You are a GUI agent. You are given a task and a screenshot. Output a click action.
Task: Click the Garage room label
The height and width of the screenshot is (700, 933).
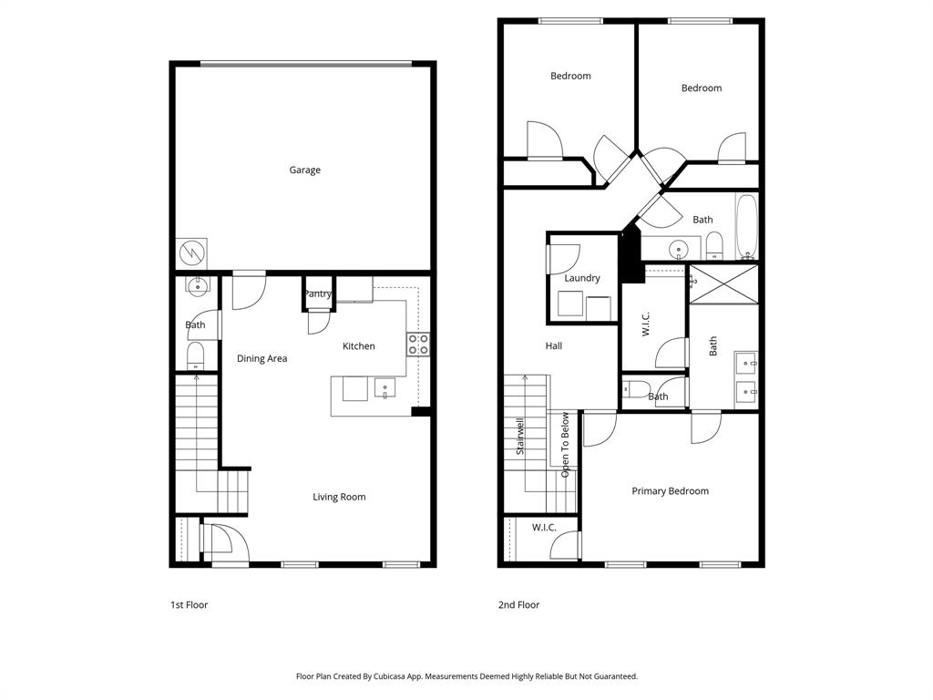tap(304, 170)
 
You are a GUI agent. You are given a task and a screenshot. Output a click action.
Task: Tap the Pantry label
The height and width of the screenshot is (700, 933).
tap(318, 293)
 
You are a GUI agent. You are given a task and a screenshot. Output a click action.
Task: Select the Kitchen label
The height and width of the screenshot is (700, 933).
tap(358, 346)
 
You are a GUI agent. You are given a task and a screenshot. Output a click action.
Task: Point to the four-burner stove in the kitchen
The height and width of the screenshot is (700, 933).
tap(417, 345)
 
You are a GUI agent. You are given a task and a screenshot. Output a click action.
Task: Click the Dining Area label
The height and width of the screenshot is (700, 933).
tap(261, 359)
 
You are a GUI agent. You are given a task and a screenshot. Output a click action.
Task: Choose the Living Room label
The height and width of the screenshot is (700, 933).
tap(339, 498)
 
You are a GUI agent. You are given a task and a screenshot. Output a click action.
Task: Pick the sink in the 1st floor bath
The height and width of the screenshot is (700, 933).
tap(197, 286)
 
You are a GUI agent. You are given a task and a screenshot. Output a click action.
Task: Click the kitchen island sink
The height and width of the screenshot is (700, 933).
tap(384, 389)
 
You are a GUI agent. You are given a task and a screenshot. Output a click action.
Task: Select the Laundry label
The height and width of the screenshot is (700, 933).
tap(581, 278)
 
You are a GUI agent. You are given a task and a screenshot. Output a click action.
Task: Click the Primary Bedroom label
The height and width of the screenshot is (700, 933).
tap(670, 491)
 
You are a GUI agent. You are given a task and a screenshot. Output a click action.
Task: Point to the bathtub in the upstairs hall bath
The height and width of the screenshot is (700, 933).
tap(747, 226)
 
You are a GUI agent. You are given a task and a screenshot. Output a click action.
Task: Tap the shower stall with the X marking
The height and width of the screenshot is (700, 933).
tap(723, 283)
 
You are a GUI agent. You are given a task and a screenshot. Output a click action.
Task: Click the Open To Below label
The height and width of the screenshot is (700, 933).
tap(566, 445)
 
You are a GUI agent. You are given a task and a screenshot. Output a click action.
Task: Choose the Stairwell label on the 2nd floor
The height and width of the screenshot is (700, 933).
tap(520, 437)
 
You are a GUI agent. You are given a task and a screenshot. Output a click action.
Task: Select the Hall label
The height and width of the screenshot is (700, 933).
tap(553, 346)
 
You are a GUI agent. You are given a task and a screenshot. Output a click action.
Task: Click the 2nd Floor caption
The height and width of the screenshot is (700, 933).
tap(518, 605)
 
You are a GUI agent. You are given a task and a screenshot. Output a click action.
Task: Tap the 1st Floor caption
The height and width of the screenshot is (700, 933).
tap(189, 605)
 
